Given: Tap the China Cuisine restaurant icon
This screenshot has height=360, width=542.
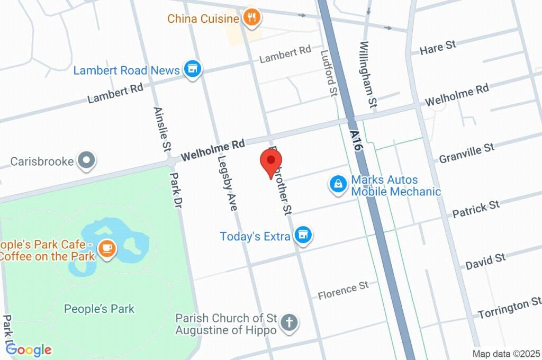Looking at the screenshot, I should pyautogui.click(x=251, y=19).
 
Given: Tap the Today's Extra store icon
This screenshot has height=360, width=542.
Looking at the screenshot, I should pyautogui.click(x=303, y=236).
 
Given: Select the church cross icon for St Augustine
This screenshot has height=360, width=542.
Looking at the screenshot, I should pyautogui.click(x=288, y=323).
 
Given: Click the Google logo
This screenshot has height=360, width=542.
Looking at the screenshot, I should pyautogui.click(x=29, y=349).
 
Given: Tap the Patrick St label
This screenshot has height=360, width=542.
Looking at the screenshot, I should pyautogui.click(x=476, y=209).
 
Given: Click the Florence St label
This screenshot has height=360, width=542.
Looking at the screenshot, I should pyautogui.click(x=343, y=291).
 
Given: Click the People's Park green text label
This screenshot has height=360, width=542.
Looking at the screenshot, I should pyautogui.click(x=100, y=309).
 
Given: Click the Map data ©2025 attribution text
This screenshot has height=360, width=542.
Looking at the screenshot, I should pyautogui.click(x=507, y=354).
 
